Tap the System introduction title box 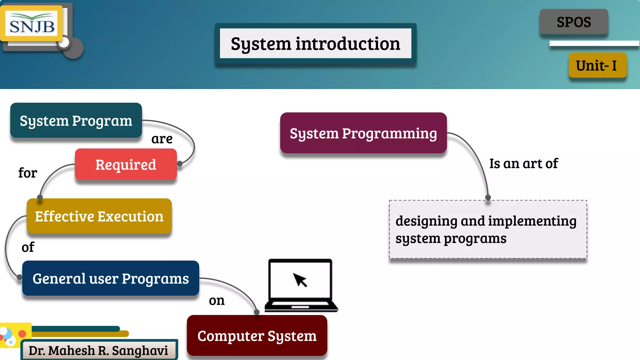pos(315,43)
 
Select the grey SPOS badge pos(574,22)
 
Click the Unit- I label pos(597,65)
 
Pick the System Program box pos(76,121)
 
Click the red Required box pos(126,164)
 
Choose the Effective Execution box pos(99,216)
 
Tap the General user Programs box pos(111,278)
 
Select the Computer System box pos(257,336)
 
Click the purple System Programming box pos(363,133)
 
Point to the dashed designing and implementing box pos(487,229)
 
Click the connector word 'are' pos(162,139)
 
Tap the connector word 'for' pos(27,173)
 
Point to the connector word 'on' pos(217,301)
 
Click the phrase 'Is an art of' pos(523,163)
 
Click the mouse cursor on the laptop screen pos(300,279)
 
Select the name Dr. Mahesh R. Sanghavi pos(98,350)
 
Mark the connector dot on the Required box pos(180,163)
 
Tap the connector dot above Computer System pos(257,312)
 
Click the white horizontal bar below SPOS pos(594,43)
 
